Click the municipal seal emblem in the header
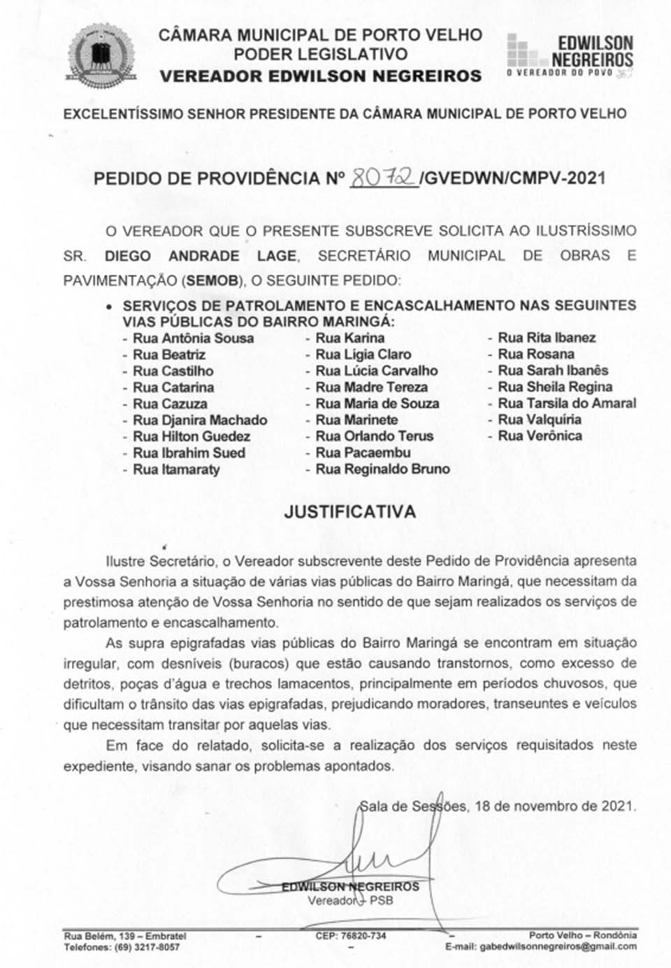[x=98, y=57]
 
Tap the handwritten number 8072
[x=382, y=178]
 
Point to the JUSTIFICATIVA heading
[x=349, y=512]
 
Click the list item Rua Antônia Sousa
[x=193, y=339]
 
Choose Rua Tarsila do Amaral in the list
[x=566, y=404]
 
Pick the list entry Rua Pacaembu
[x=363, y=453]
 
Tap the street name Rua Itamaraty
[x=176, y=469]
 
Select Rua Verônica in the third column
[x=540, y=436]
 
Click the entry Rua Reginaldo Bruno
[x=382, y=469]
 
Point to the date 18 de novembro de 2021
[x=555, y=806]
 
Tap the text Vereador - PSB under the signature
[x=350, y=900]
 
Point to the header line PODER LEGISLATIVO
[x=321, y=54]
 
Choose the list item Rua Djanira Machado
[x=200, y=420]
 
